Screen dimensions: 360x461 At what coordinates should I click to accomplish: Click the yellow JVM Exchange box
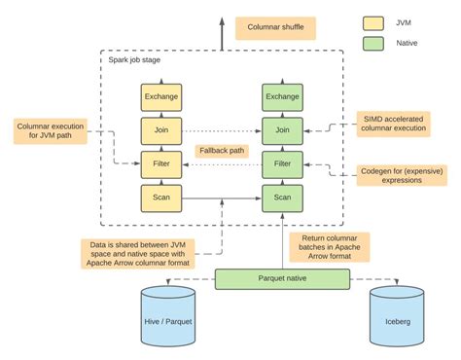pos(161,96)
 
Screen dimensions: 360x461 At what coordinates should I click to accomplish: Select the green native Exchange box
pos(281,96)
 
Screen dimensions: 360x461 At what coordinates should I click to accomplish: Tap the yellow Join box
pos(161,129)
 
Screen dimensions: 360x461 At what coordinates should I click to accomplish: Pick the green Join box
pos(281,129)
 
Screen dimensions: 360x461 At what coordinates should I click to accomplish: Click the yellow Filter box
pos(161,163)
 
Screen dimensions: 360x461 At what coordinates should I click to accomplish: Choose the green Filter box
pos(281,163)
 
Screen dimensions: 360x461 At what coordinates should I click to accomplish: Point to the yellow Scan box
pos(161,198)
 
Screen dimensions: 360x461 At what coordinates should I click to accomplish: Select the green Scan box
pos(281,198)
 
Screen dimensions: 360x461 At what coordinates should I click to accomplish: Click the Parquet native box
pos(282,280)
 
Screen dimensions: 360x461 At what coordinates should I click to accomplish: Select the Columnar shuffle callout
pos(276,27)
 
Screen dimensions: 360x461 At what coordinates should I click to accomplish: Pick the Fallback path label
pos(222,151)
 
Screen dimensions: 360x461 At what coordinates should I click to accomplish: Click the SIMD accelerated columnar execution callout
pos(392,123)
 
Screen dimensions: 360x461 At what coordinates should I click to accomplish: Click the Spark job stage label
pos(135,61)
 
